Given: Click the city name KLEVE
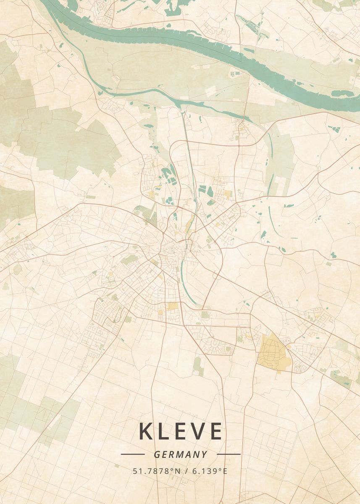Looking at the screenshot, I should coord(180,431).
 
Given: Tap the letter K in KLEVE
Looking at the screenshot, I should coord(146,431).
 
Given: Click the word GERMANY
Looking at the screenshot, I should coord(180,454).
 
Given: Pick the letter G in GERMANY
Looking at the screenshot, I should coord(157,454).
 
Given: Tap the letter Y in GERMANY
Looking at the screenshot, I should coord(204,454).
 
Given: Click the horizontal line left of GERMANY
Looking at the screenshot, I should coord(133,454).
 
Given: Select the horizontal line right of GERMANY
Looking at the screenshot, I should coord(229,454).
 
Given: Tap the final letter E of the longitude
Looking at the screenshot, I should coord(225,471).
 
